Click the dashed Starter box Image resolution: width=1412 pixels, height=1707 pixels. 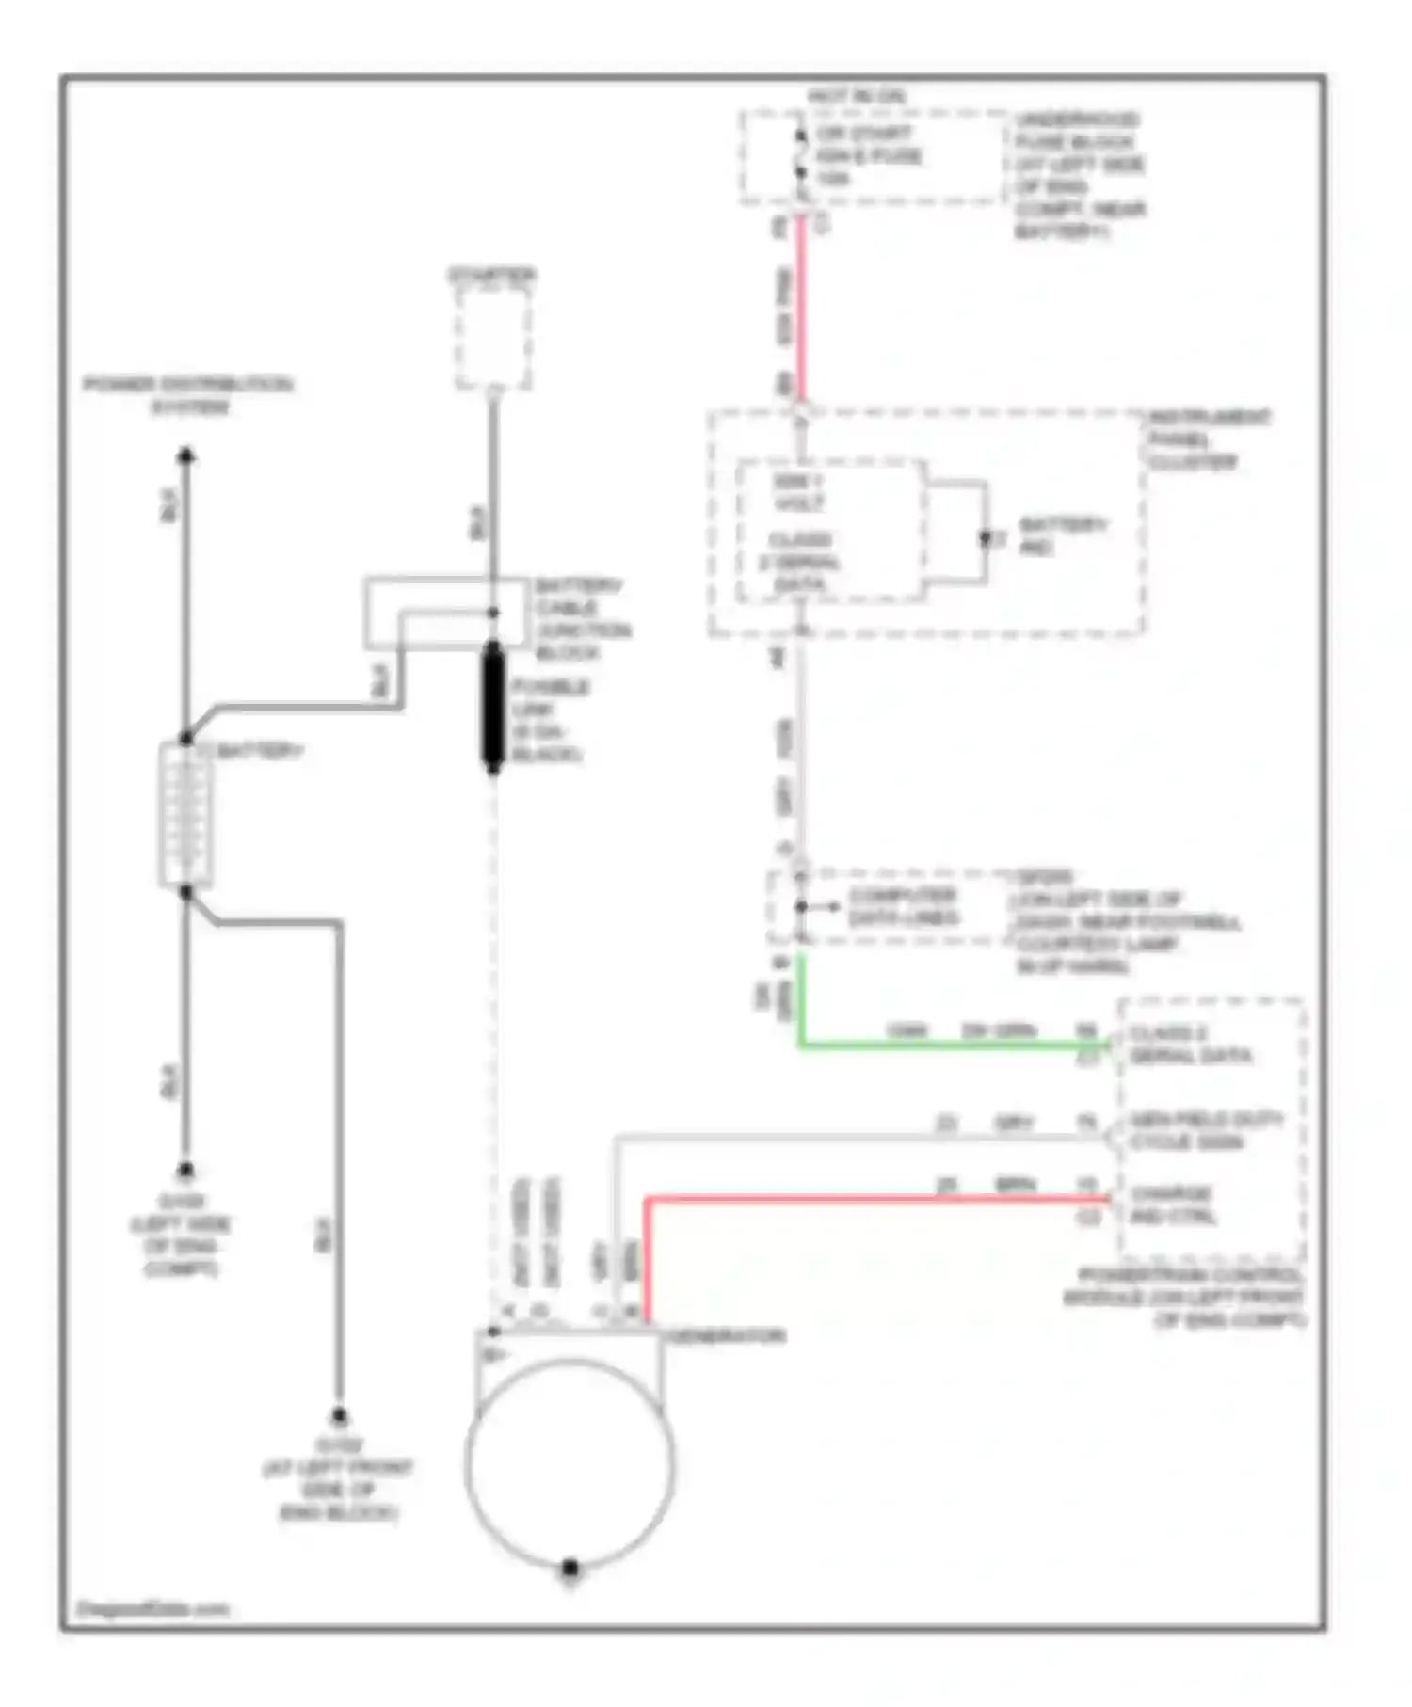click(x=492, y=337)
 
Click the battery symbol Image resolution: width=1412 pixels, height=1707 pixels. click(x=185, y=814)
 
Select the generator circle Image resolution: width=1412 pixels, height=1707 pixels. click(x=570, y=1461)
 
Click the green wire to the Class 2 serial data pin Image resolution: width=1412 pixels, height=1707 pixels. click(x=941, y=1045)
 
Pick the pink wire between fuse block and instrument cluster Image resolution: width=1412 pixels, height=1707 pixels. click(x=801, y=311)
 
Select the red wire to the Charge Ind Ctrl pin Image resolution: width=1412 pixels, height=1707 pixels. click(x=875, y=1199)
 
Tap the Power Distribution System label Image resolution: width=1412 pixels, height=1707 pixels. click(x=188, y=395)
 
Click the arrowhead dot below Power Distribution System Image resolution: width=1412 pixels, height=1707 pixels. click(x=186, y=456)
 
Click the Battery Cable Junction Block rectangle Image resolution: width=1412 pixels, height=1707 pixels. click(x=445, y=613)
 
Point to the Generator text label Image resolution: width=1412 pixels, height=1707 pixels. click(x=725, y=1336)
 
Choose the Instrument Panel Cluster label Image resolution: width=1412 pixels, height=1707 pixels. click(x=1207, y=439)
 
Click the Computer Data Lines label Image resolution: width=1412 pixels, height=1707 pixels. click(x=902, y=906)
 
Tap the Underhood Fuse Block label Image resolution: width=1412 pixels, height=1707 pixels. click(x=1079, y=176)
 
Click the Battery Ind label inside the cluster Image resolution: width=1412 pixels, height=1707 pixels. click(x=1062, y=534)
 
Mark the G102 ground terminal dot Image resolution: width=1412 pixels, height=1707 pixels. click(x=338, y=1416)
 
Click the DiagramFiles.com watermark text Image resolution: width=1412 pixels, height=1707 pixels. click(x=152, y=1608)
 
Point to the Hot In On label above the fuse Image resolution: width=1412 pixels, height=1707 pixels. click(x=856, y=96)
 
